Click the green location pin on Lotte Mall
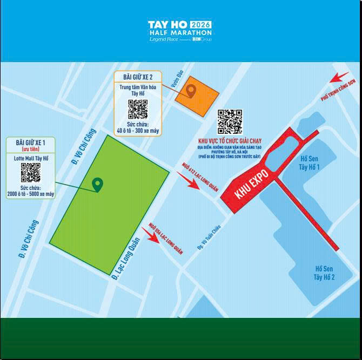pos(97,185)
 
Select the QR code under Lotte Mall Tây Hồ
pos(30,172)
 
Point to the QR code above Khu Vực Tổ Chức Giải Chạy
pos(230,121)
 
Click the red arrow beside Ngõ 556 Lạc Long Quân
pos(151,237)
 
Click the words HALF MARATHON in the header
pos(180,33)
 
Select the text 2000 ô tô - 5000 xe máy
pos(30,194)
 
